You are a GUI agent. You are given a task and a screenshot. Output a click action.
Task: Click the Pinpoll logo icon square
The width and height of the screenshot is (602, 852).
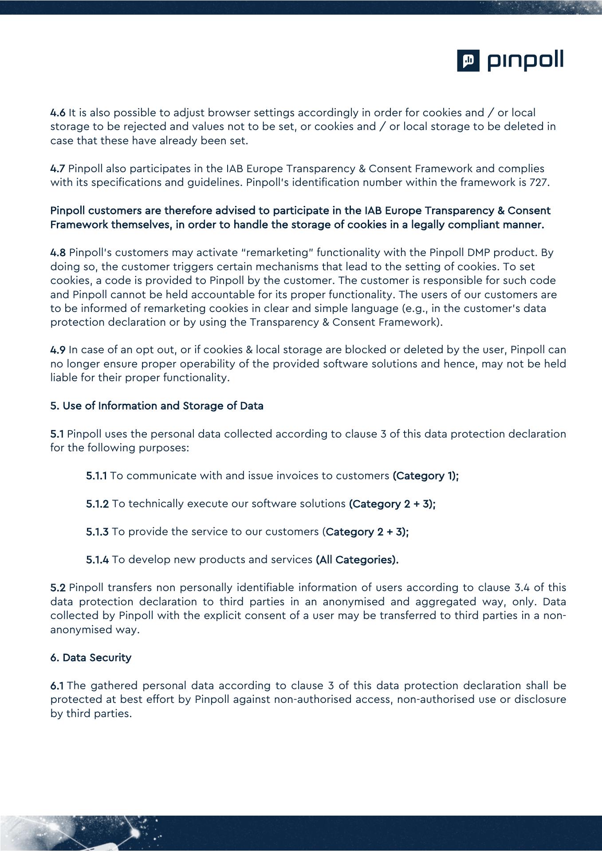tap(468, 60)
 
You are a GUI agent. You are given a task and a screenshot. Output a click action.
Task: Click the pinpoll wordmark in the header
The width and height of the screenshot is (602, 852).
tap(526, 61)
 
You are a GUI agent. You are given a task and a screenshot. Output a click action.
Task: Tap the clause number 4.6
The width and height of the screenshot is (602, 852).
tap(58, 113)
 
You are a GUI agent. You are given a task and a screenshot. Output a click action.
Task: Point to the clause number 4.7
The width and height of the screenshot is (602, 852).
tap(58, 169)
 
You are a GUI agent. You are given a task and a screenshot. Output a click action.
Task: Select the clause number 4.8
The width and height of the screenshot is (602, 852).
tap(58, 252)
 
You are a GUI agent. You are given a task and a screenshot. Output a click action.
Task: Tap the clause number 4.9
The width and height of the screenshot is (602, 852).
tap(58, 350)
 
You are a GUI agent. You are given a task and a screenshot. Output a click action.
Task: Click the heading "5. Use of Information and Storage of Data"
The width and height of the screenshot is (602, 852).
tap(157, 406)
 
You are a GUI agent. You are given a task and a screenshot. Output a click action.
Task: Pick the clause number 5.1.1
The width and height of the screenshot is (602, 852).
tap(96, 476)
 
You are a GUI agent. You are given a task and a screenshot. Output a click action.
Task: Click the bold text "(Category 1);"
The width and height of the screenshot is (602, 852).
tap(425, 476)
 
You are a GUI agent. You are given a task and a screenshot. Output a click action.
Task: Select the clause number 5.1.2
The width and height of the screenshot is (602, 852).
tap(97, 504)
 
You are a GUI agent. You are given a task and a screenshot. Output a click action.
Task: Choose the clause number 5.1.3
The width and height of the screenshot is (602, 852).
tap(97, 532)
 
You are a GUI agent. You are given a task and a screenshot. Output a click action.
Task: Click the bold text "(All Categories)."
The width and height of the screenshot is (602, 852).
tap(357, 560)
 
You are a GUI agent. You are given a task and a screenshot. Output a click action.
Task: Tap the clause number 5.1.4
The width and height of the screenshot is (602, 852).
tap(97, 560)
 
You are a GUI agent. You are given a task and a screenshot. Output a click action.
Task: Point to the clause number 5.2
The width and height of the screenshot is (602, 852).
tap(58, 588)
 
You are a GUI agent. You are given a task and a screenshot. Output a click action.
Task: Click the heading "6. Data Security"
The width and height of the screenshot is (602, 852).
tap(90, 658)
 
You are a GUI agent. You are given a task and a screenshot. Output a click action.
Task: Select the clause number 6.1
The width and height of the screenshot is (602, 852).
tap(57, 686)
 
